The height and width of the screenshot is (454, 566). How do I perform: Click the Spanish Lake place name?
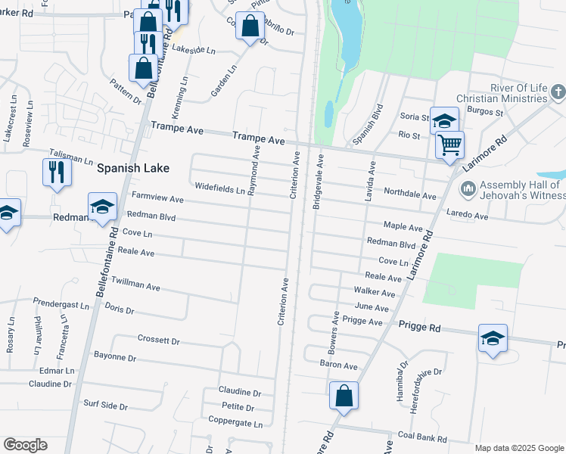(132, 168)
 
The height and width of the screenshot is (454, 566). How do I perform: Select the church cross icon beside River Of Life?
(558, 93)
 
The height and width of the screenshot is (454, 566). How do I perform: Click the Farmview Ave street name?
(157, 198)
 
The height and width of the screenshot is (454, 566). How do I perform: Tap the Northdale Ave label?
(410, 194)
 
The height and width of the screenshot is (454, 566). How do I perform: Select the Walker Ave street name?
(375, 293)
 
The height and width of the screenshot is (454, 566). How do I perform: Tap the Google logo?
(25, 445)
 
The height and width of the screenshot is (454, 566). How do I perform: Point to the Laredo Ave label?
(468, 216)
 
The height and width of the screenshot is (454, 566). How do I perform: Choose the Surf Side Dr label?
(105, 406)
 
